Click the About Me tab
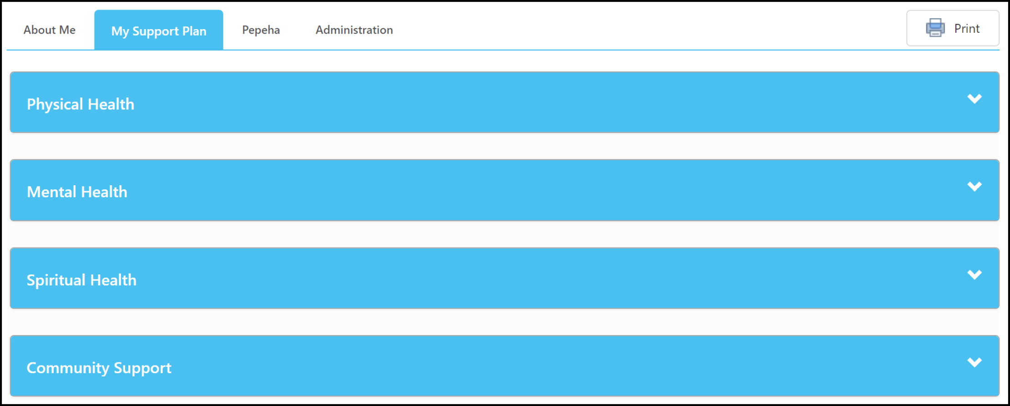(x=50, y=30)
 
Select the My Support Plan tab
(x=159, y=30)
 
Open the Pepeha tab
(x=261, y=30)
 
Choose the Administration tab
(x=354, y=30)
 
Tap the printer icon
(x=935, y=28)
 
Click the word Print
(x=967, y=29)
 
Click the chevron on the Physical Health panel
(x=975, y=99)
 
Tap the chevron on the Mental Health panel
(x=975, y=187)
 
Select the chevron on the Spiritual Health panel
(x=975, y=274)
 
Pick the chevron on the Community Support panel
(x=975, y=362)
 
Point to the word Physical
(x=55, y=104)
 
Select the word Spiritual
(x=56, y=280)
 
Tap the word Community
(x=68, y=368)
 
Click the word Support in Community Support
(x=142, y=368)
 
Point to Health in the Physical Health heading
(x=111, y=104)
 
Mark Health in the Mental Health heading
(x=104, y=192)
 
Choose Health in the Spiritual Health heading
(x=113, y=280)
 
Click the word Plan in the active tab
(x=194, y=31)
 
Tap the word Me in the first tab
(x=67, y=30)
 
